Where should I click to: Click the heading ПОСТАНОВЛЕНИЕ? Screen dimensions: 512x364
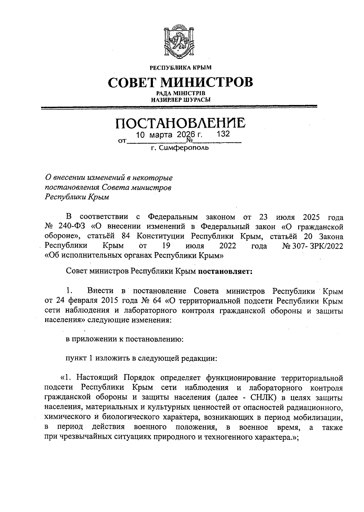coord(180,123)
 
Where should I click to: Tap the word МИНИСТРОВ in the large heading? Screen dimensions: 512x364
coord(207,82)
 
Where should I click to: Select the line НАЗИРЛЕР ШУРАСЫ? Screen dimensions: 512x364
coord(181,99)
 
